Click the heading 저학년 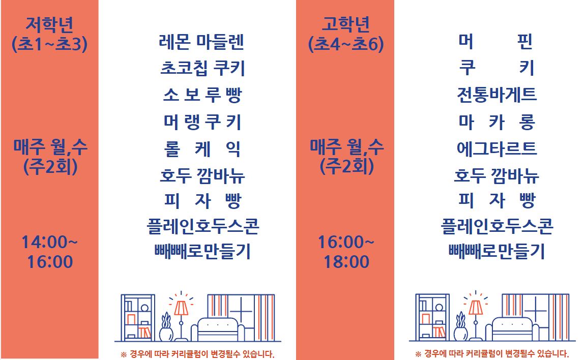pos(50,24)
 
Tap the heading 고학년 pos(346,24)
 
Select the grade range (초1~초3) pos(50,44)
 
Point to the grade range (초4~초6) pos(346,44)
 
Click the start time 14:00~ pos(50,242)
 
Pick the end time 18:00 pos(346,261)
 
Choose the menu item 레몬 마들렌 pos(201,42)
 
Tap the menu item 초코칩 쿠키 pos(202,68)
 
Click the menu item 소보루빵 pos(202,95)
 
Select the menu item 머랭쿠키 pos(202,122)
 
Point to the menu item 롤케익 pos(202,149)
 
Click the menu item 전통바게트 pos(496,95)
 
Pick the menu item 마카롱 pos(496,122)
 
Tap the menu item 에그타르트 pos(496,148)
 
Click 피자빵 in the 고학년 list pos(496,200)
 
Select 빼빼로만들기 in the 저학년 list pos(202,251)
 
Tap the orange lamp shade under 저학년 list pos(181,308)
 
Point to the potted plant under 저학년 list pos(166,327)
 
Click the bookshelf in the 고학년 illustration pos(432,317)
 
